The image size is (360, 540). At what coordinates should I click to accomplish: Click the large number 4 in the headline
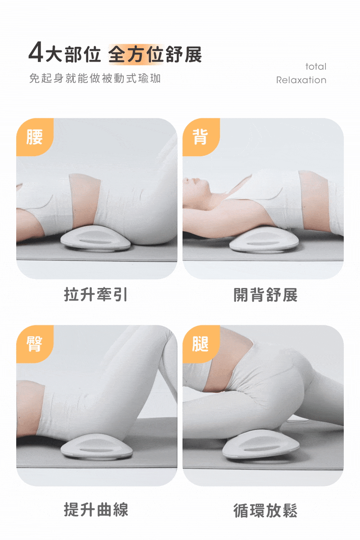36,52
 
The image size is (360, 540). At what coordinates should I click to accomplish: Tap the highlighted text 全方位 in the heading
136,54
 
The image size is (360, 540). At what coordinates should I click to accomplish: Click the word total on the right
316,67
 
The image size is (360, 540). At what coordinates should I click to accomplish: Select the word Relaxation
301,80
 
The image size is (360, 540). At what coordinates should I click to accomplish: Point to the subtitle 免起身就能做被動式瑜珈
95,78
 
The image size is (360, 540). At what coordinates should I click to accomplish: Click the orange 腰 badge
35,137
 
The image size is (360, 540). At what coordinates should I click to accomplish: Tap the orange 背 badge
201,137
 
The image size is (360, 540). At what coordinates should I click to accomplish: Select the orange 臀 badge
35,344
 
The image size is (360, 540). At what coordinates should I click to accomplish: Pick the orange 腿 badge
201,344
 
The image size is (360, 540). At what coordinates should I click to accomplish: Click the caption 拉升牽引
96,295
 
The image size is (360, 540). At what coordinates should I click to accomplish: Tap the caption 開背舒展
265,295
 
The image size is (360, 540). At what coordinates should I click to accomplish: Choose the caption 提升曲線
96,509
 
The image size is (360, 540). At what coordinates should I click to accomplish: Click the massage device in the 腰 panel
95,238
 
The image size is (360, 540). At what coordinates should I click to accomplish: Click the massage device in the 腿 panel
261,444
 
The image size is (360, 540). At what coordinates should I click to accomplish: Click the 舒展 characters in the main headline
184,54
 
